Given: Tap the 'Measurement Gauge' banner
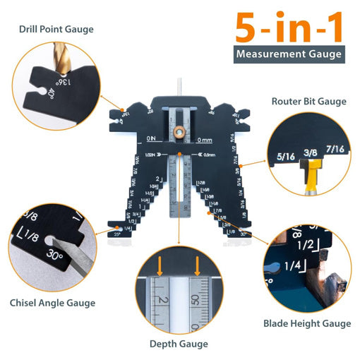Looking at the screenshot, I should [x=289, y=54].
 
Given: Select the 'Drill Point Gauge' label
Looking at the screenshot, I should [x=57, y=30].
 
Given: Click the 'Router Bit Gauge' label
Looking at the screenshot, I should [x=309, y=101].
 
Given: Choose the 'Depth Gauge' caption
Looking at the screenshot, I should [x=179, y=344].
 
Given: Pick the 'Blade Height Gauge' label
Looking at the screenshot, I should [x=307, y=323].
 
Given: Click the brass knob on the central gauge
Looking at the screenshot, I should [x=180, y=131].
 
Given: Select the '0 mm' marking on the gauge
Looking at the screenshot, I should [x=205, y=139].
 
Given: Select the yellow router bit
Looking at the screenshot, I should [x=311, y=180].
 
